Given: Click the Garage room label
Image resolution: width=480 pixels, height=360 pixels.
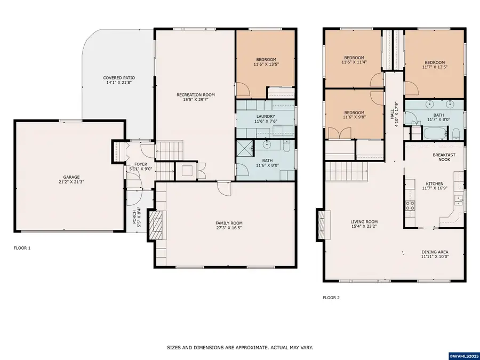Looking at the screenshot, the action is pyautogui.click(x=71, y=177).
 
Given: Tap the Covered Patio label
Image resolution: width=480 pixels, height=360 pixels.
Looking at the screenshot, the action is pyautogui.click(x=119, y=78).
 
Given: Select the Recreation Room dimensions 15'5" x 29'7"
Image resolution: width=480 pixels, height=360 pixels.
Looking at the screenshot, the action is pyautogui.click(x=196, y=100).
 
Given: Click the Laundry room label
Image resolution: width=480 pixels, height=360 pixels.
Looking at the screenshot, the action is pyautogui.click(x=266, y=116).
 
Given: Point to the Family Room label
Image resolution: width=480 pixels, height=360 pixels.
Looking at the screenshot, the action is pyautogui.click(x=229, y=223).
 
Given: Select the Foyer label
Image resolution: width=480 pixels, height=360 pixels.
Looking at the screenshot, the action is pyautogui.click(x=140, y=164).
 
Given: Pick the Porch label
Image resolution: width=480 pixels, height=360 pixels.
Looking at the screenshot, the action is pyautogui.click(x=134, y=217).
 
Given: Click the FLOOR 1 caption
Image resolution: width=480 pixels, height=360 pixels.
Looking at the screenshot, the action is pyautogui.click(x=22, y=248).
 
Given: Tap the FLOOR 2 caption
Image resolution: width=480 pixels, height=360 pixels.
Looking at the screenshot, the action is pyautogui.click(x=331, y=298).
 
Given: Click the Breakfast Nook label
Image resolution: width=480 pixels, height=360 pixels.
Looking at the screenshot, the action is pyautogui.click(x=444, y=157).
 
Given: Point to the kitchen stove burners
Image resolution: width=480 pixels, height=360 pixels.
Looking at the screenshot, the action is pyautogui.click(x=410, y=205).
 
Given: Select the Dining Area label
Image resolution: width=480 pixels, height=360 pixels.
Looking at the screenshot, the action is pyautogui.click(x=435, y=252).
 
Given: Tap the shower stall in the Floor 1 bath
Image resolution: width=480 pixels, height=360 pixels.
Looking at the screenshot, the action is pyautogui.click(x=245, y=148).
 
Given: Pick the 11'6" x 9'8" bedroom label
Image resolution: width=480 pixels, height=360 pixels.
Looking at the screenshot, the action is pyautogui.click(x=354, y=115).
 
